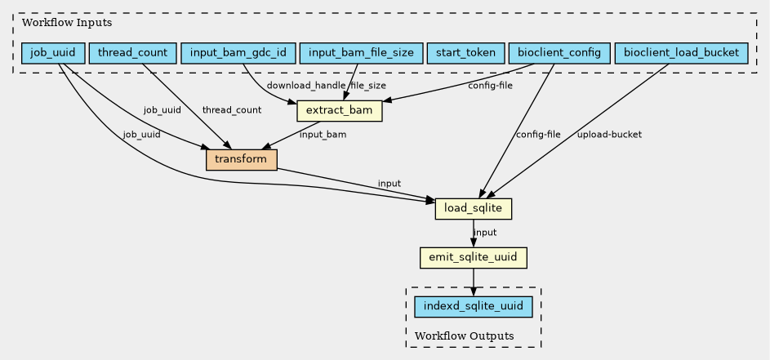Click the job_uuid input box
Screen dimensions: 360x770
coord(53,53)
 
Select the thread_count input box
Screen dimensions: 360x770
coord(132,53)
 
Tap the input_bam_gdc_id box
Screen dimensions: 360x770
coord(238,53)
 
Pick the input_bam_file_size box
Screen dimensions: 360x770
coord(362,53)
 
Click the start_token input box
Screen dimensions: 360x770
coord(465,53)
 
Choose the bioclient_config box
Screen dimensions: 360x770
coord(559,53)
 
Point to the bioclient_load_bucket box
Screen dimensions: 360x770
coord(681,53)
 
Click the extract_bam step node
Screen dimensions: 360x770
coord(339,110)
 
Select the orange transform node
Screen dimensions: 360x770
coord(242,160)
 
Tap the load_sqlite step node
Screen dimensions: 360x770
coord(474,209)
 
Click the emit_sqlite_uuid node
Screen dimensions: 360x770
coord(474,258)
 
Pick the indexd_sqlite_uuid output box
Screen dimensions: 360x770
coord(474,307)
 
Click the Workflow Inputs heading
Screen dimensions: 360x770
coord(56,22)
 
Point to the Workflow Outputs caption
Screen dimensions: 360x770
coord(464,336)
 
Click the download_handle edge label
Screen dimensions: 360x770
coord(306,86)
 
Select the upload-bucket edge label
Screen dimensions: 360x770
coord(609,135)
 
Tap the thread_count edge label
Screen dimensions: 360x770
coord(232,109)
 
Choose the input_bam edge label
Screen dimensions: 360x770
coord(323,135)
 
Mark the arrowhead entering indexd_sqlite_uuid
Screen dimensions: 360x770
coord(474,291)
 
